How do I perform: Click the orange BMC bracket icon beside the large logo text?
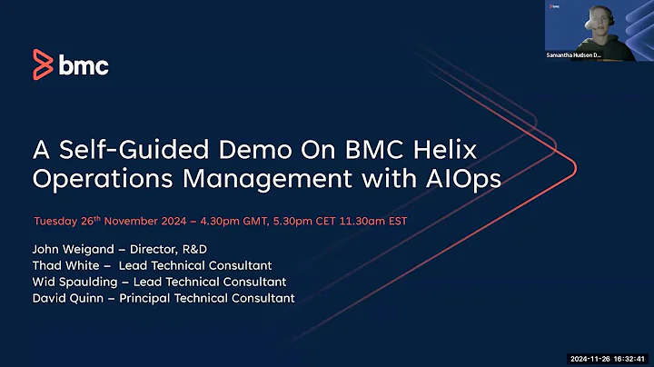pos(43,65)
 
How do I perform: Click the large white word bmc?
pos(84,65)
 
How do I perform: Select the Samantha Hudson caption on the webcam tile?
pos(575,55)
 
